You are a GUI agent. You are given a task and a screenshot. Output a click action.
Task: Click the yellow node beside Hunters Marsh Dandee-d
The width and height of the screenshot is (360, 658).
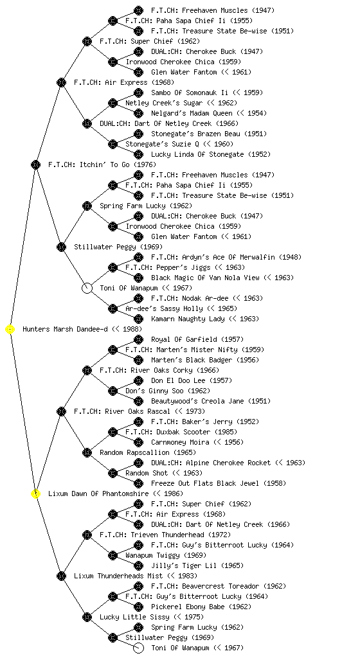click(10, 330)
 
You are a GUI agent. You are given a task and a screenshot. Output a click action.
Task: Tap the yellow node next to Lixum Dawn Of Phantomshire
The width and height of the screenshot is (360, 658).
click(36, 494)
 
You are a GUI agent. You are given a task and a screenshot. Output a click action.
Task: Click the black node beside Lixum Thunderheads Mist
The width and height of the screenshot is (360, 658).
click(61, 576)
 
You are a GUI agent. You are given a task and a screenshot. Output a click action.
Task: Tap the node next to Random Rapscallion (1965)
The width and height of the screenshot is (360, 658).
click(87, 453)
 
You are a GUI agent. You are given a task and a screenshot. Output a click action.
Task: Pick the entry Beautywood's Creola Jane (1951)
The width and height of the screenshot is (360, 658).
click(211, 401)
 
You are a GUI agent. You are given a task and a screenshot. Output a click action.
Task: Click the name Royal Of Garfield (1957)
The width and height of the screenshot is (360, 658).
click(197, 339)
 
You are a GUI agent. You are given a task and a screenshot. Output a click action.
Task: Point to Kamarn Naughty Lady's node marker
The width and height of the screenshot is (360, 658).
click(138, 319)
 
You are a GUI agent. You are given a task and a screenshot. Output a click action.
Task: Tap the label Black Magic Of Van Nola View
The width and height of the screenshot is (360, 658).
click(206, 278)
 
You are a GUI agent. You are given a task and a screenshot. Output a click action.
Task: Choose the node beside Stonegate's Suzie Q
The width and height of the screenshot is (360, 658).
click(113, 145)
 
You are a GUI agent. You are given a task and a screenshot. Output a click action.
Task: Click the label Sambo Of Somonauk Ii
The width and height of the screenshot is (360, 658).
click(190, 93)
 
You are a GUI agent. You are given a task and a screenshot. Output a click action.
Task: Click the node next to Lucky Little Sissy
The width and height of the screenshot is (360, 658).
click(87, 618)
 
